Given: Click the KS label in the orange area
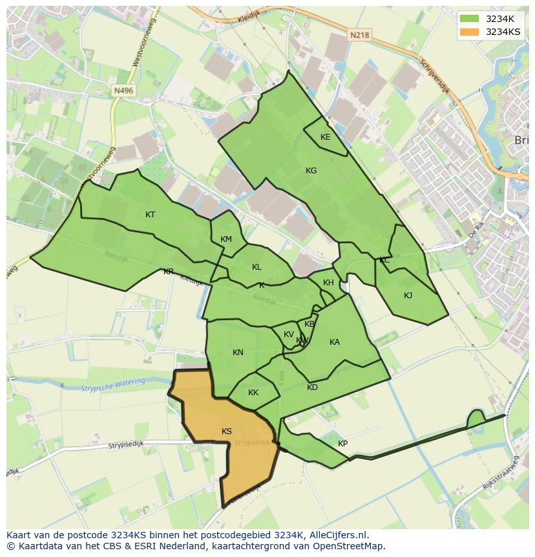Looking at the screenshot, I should point(227,431).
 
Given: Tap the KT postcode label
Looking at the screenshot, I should point(151,215).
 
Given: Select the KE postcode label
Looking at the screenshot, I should point(326,137).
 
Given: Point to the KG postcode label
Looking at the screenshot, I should point(311,171).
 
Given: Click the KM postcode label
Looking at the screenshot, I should point(226,239).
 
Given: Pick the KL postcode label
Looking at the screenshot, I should point(257,267).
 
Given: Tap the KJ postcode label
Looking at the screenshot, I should point(408,296).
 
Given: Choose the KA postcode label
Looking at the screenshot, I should point(335,342).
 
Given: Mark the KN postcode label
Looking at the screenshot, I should point(238,353).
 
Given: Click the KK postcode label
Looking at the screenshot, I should point(253,393).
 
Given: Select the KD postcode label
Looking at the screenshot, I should point(313,388).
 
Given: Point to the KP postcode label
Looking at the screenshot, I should point(342,444).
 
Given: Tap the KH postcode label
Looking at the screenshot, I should point(329,283).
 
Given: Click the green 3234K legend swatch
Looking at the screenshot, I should point(470,19).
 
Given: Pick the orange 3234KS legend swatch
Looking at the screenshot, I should point(470,32).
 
